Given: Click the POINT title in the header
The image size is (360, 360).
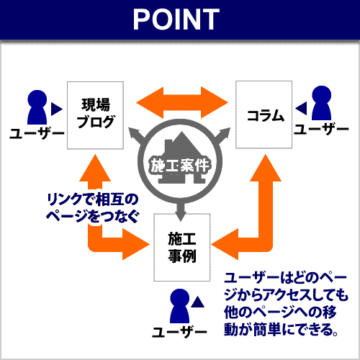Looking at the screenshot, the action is pos(176,19).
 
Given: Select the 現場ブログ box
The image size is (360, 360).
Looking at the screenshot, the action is pos(95,115).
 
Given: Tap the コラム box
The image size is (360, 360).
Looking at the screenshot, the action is pos(264,114).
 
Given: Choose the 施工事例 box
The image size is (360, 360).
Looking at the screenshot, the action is pos(182,247).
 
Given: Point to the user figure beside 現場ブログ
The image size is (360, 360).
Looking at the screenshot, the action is pos(37,107).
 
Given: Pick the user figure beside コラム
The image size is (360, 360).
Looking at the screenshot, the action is pos(321,103).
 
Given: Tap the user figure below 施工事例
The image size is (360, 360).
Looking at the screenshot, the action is pos(180,306).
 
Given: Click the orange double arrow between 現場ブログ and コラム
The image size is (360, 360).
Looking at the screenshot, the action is pos(182,102).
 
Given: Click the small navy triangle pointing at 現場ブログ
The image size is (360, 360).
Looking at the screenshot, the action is pos(57,109).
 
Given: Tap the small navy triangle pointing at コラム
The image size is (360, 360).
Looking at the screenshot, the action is pos(301,108).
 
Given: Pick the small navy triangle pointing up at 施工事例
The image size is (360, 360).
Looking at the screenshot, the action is pos(198,302).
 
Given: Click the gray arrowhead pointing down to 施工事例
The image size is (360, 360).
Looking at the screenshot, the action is pos(181,215).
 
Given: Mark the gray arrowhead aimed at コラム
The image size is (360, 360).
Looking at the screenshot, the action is pos(225,132).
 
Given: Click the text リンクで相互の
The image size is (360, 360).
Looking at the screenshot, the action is pos(93,199).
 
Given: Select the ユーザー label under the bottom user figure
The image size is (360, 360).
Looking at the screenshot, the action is pos(179,332).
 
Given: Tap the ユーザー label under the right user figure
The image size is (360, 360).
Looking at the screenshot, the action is pos(321,130).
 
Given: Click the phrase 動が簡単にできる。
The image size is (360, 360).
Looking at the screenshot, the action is pos(282,329).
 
